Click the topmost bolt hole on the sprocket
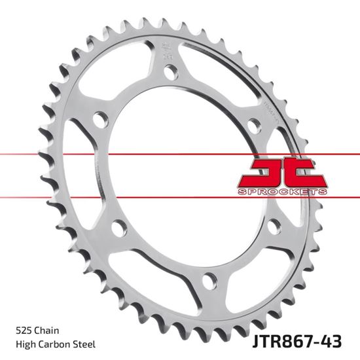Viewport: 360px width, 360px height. pyautogui.click(x=171, y=75)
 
